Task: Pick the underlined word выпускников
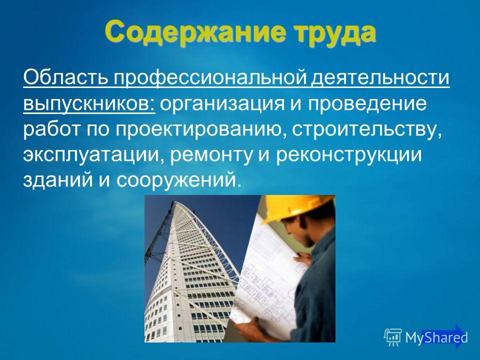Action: [x=89, y=104]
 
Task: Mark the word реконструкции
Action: [x=349, y=155]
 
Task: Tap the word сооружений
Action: [x=177, y=180]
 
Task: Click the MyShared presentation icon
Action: [x=393, y=337]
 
